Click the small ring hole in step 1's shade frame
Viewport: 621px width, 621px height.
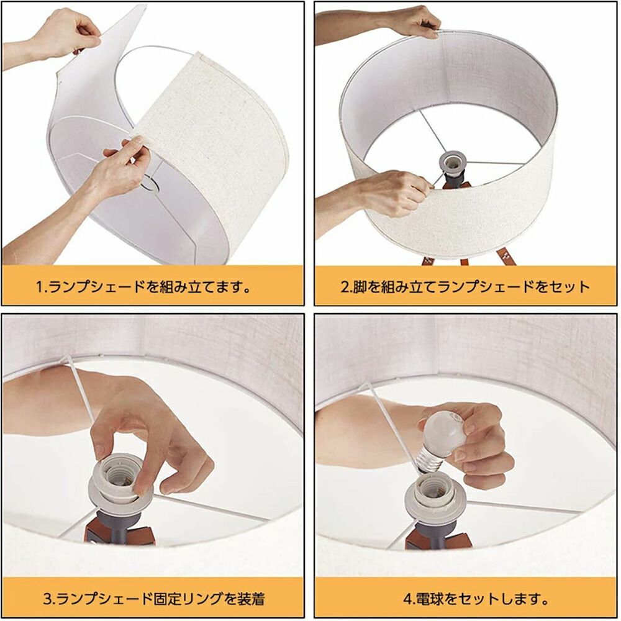[x=149, y=184]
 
